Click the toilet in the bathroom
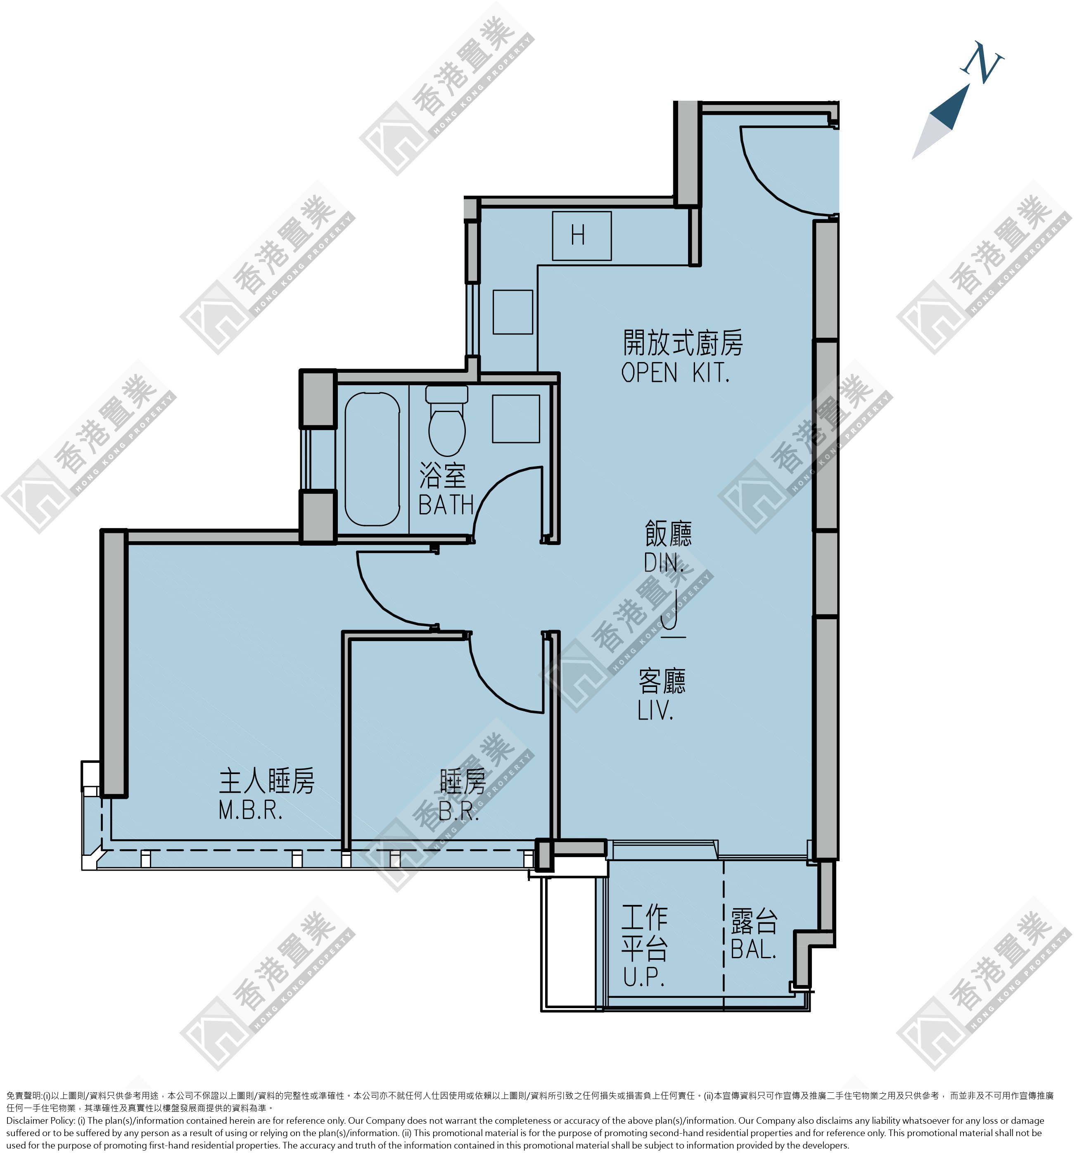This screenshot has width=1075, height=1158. click(x=447, y=421)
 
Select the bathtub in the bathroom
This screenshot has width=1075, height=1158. click(x=372, y=459)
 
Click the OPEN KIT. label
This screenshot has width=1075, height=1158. click(x=675, y=373)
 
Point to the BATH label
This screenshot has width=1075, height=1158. click(x=446, y=505)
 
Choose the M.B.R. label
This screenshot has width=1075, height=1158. click(x=251, y=810)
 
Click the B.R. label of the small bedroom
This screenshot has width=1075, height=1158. click(x=459, y=811)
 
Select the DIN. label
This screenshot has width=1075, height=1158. click(x=664, y=562)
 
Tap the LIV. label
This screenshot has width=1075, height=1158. click(x=655, y=710)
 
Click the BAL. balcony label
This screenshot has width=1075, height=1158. click(x=754, y=950)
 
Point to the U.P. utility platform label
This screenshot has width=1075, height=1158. click(x=644, y=978)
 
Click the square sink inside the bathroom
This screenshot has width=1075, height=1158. click(x=516, y=419)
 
